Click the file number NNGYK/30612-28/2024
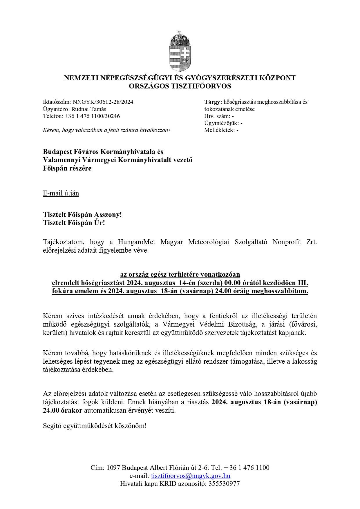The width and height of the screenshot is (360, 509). [103, 102]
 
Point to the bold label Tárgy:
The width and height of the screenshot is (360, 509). [213, 102]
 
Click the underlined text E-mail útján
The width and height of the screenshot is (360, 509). [61, 193]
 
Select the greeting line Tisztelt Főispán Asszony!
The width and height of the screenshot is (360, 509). [82, 215]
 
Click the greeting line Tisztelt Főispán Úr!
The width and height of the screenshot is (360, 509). [74, 223]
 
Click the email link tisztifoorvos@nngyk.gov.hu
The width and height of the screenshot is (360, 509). [191, 476]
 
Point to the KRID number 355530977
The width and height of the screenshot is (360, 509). [224, 483]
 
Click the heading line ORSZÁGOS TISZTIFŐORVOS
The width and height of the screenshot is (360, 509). [180, 86]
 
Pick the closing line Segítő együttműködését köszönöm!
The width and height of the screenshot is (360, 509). [95, 426]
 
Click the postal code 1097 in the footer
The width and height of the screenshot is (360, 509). [113, 468]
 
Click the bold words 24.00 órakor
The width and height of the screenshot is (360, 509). [63, 411]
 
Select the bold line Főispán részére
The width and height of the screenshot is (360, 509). [67, 168]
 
